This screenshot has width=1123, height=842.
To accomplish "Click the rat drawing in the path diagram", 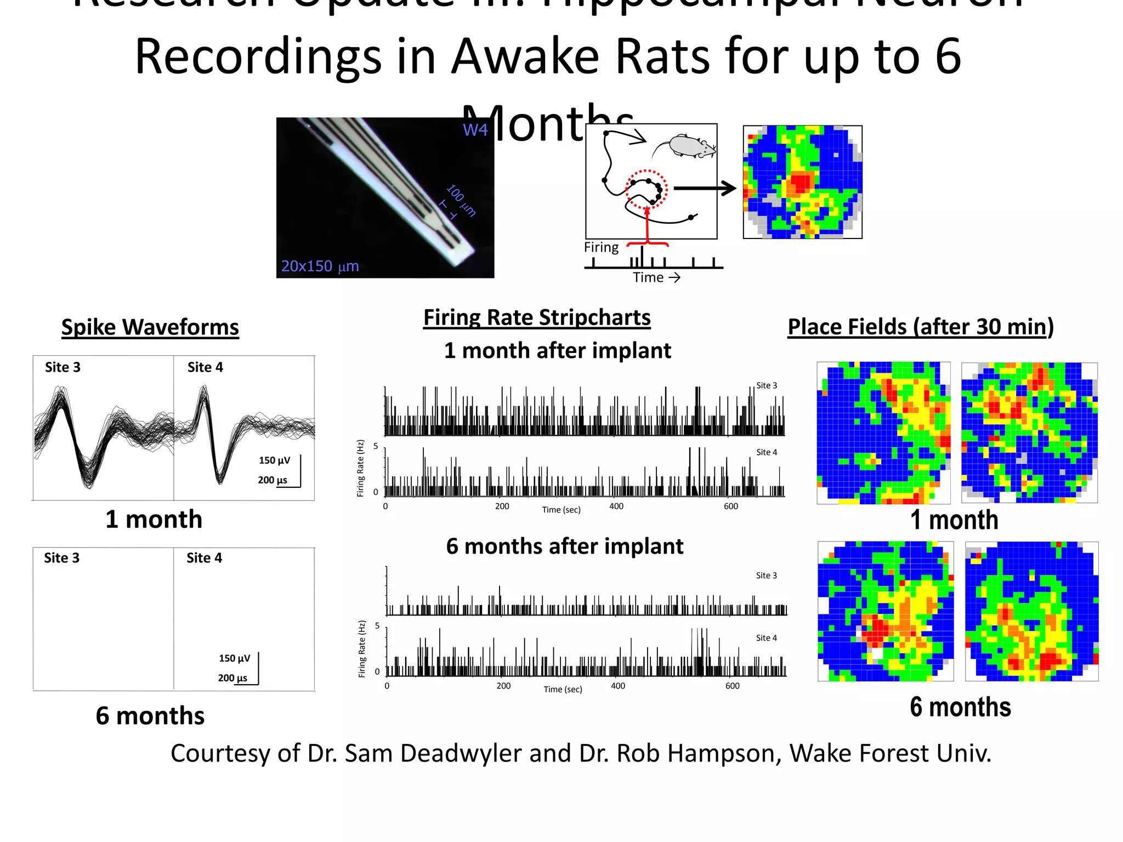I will click(687, 146).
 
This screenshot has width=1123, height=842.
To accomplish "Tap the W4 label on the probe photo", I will click(475, 130).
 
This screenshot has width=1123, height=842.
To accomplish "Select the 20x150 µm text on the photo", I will click(320, 266).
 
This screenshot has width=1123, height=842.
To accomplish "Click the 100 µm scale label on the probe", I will click(461, 201).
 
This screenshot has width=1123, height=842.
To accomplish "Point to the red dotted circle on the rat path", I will click(646, 190).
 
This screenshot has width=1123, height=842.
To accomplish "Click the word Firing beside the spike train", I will click(601, 247).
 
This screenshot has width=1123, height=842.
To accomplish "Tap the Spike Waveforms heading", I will click(150, 327).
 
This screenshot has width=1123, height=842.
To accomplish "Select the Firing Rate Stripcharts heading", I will click(537, 318).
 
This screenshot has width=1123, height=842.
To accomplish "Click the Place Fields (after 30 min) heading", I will click(921, 327).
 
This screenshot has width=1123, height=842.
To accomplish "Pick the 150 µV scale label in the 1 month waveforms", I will click(274, 460).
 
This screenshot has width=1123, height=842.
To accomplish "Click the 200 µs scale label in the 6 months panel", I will click(232, 678).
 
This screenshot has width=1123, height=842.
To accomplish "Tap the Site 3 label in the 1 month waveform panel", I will click(63, 367).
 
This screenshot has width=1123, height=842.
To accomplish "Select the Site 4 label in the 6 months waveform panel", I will click(204, 558).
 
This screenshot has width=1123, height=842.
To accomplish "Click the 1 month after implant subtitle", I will click(557, 351).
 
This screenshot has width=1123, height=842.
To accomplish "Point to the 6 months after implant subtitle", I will click(564, 547).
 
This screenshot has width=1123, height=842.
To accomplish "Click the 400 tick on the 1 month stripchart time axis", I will click(616, 507).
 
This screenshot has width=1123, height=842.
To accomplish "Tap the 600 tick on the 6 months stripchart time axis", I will click(732, 686).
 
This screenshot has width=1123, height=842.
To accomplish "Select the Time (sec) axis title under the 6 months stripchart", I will click(563, 690).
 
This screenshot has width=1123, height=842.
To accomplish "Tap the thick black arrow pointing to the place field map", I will click(705, 189).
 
